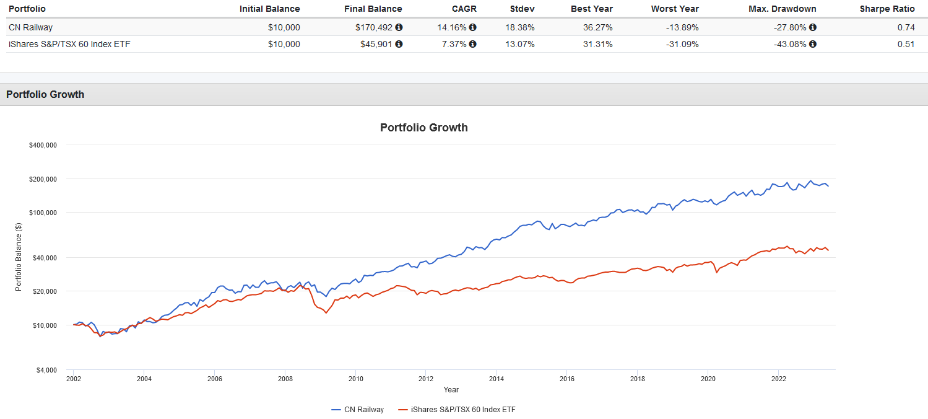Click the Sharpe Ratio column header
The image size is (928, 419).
(x=887, y=9)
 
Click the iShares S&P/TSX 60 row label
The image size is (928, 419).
(x=69, y=44)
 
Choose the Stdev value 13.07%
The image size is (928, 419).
(x=520, y=44)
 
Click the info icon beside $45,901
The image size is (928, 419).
(x=399, y=44)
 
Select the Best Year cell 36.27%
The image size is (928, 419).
(x=597, y=27)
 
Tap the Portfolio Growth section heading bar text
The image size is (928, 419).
(x=45, y=94)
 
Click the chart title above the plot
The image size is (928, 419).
(x=423, y=128)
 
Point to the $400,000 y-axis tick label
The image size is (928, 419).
(x=43, y=145)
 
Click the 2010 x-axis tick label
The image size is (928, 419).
(x=355, y=378)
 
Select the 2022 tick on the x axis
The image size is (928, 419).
(x=778, y=378)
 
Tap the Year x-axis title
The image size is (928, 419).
(x=451, y=390)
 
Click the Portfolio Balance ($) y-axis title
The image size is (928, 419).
(x=19, y=258)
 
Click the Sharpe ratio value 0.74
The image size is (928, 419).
(x=906, y=27)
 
